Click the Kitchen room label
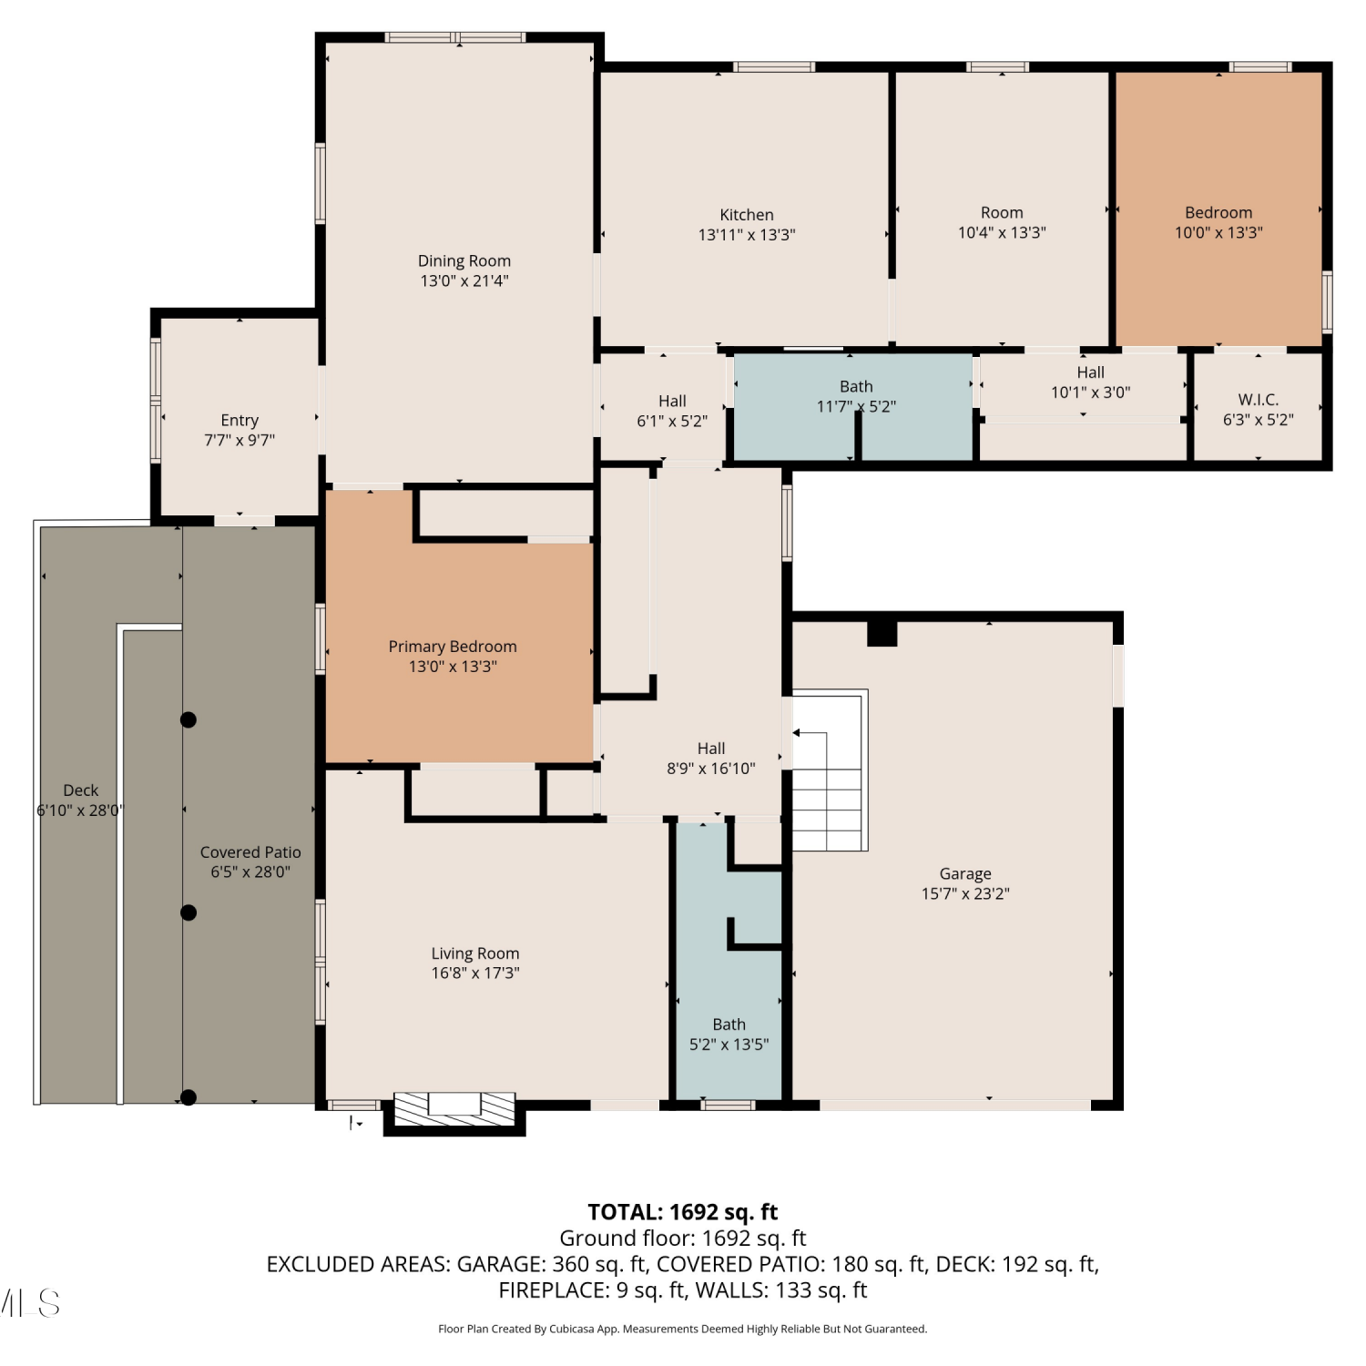point(747,215)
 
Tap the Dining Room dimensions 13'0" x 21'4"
point(464,281)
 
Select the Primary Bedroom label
point(453,647)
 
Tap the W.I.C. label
point(1259,400)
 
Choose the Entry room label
point(240,421)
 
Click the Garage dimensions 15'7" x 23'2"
point(965,894)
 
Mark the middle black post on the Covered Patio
point(189,912)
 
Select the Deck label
point(81,790)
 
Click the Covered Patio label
point(250,852)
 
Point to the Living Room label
point(475,953)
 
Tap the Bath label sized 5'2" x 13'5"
point(729,1024)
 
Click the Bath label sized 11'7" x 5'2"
point(856,387)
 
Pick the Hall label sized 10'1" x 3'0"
point(1091,372)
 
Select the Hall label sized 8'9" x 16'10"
point(711,749)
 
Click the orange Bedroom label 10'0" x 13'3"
point(1218,212)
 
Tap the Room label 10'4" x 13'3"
point(1002,212)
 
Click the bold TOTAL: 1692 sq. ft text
point(683,1212)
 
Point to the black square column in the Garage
point(882,632)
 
